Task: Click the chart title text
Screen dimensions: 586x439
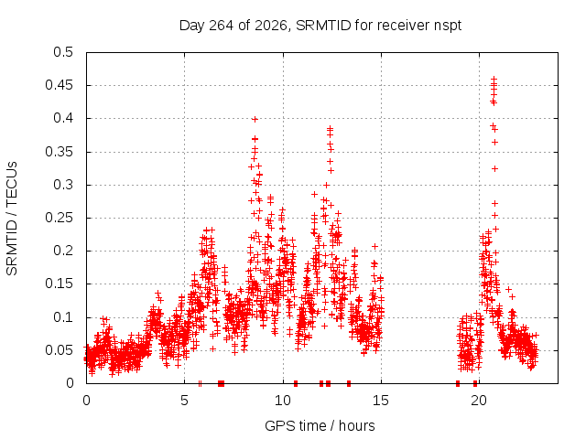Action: (x=320, y=26)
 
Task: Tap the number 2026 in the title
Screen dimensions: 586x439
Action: (x=271, y=26)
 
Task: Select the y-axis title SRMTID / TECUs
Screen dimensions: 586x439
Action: (x=12, y=219)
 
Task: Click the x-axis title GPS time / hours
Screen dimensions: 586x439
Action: (x=320, y=425)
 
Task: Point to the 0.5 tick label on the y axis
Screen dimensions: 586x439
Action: (x=63, y=52)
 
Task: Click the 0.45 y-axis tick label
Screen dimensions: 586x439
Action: (x=59, y=85)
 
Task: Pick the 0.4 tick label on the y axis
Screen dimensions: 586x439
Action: (x=63, y=118)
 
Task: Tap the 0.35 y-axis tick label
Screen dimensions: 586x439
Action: (x=59, y=152)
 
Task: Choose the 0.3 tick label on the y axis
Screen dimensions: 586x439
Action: (x=63, y=185)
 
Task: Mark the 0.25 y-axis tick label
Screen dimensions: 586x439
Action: (x=59, y=218)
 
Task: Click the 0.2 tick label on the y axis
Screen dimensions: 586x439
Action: (x=63, y=251)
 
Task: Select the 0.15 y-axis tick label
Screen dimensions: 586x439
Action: (x=59, y=284)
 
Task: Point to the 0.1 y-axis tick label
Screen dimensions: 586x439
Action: (x=63, y=317)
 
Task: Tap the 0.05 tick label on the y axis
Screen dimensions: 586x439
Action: (x=59, y=350)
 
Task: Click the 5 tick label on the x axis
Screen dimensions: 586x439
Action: (x=184, y=401)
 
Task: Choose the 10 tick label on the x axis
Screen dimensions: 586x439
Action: (x=283, y=401)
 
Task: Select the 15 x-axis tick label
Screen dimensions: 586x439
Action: (x=381, y=401)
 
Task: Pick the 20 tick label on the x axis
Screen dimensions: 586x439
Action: (x=479, y=401)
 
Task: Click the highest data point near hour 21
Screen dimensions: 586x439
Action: (x=494, y=79)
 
